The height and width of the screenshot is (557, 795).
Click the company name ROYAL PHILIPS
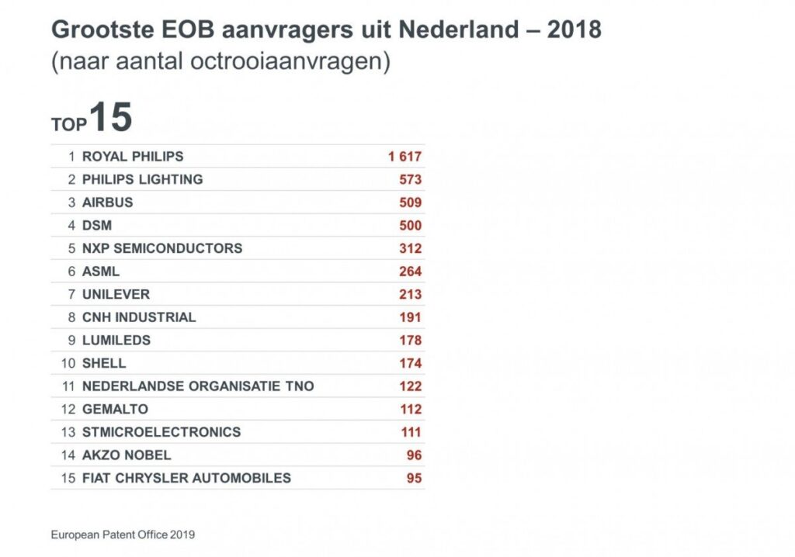(133, 157)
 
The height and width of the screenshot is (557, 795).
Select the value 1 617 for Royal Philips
(404, 157)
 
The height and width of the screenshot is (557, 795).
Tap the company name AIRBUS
(107, 202)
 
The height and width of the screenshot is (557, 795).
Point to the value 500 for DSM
(410, 226)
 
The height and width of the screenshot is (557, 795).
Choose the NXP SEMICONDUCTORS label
(162, 248)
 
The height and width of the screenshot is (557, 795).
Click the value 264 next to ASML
(410, 272)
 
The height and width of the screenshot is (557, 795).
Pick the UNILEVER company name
(116, 295)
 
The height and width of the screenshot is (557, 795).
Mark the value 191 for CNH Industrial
(410, 317)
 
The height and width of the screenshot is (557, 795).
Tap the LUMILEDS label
(116, 341)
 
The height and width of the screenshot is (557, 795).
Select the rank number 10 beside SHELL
(68, 363)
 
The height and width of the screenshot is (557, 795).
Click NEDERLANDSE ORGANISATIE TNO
(198, 386)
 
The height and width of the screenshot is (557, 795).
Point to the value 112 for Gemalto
(410, 410)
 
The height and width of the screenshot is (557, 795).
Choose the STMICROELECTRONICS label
(161, 432)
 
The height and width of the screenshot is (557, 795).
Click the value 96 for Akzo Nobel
(414, 455)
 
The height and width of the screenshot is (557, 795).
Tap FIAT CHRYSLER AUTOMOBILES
(186, 478)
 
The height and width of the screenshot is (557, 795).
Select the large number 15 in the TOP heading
(110, 118)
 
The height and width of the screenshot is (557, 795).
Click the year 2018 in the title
(574, 29)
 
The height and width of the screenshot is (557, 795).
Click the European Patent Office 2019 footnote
(123, 535)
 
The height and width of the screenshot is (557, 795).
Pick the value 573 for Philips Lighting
(410, 180)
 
